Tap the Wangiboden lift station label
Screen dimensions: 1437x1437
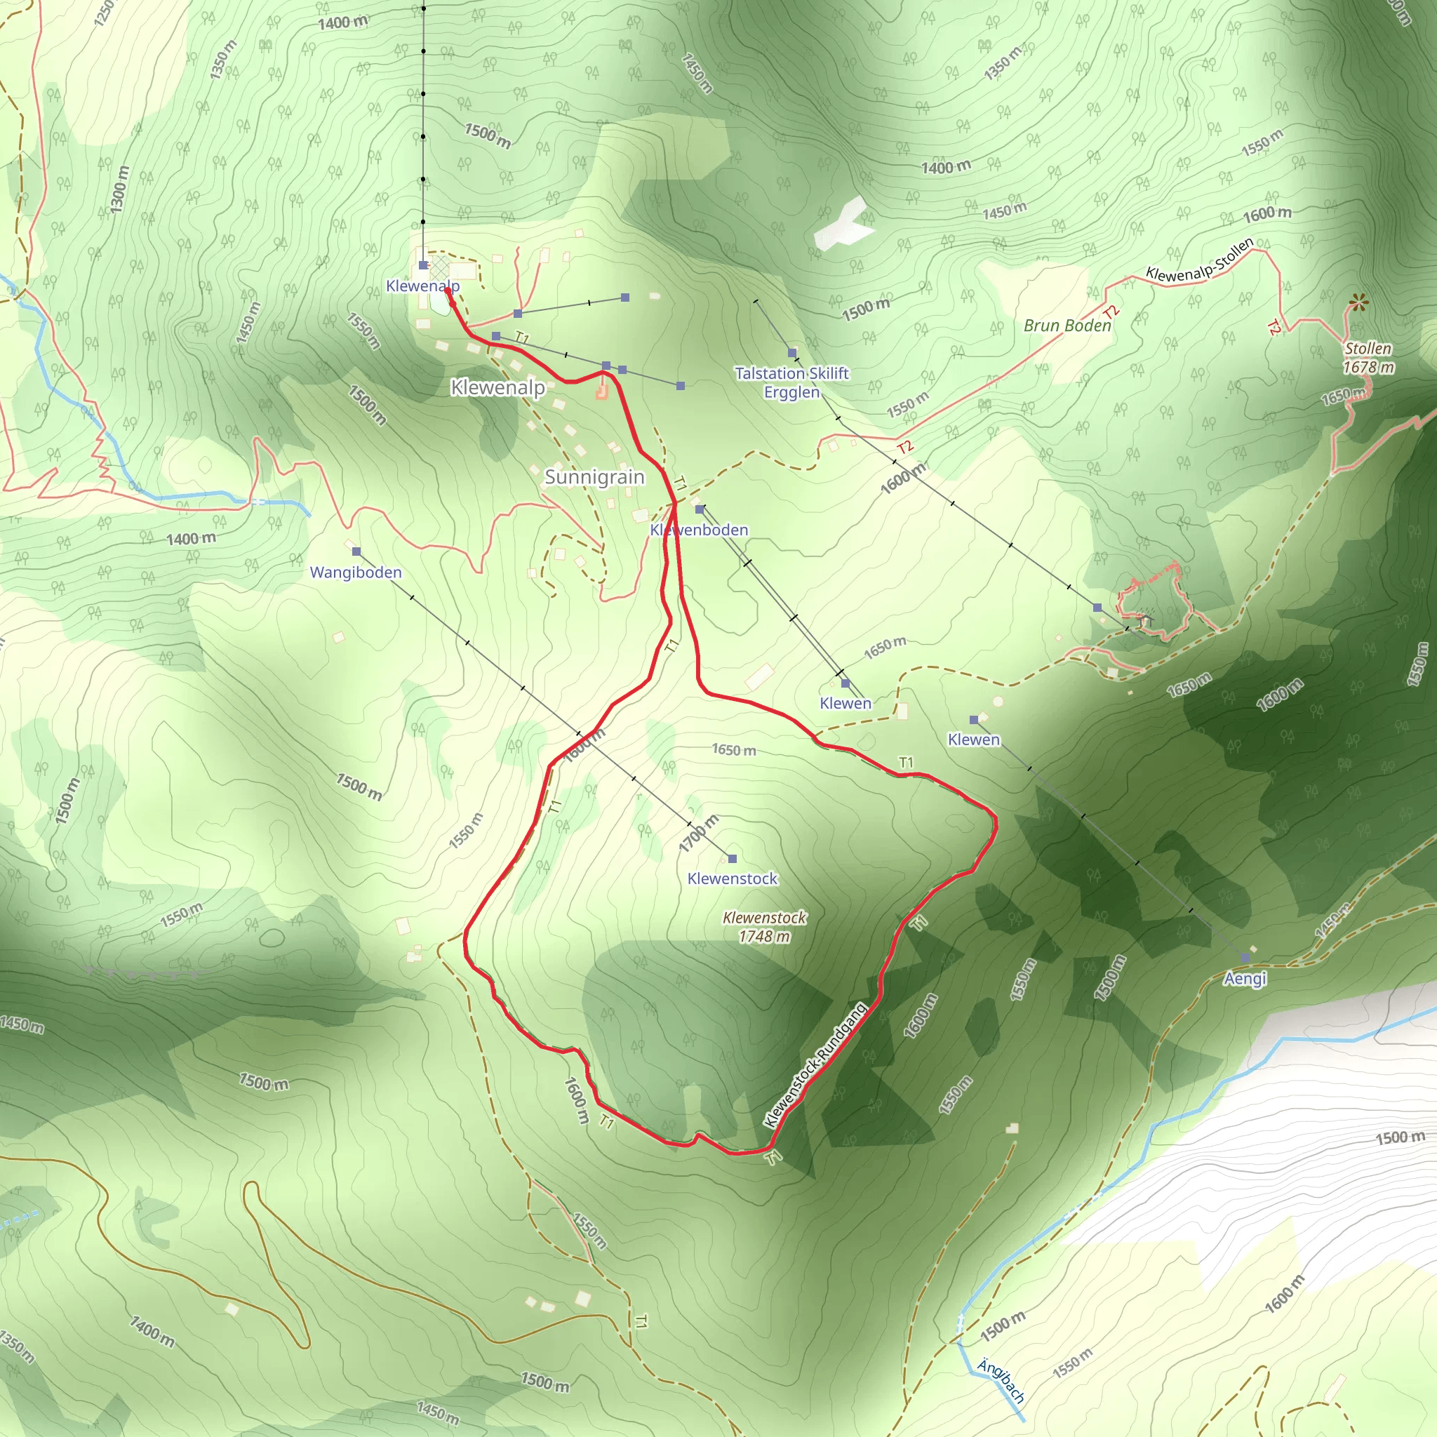(x=356, y=572)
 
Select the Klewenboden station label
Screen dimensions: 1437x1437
(x=698, y=530)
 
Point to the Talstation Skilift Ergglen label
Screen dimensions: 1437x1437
(x=791, y=382)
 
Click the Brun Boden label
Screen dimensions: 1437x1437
(x=1067, y=325)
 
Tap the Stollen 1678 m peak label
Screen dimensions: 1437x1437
(x=1368, y=358)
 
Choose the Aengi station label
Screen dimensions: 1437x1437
(x=1244, y=979)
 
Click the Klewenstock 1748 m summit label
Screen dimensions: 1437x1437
(x=764, y=927)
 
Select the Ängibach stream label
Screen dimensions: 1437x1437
(x=1001, y=1380)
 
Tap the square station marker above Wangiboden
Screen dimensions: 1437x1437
(x=356, y=551)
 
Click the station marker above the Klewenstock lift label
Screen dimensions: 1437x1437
(x=732, y=858)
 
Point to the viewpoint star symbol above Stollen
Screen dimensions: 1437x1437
(x=1359, y=302)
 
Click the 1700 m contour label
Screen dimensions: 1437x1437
(x=698, y=834)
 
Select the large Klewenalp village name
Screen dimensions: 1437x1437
(x=497, y=387)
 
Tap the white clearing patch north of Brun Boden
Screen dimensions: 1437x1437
(x=842, y=225)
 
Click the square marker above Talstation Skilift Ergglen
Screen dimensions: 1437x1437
(x=792, y=352)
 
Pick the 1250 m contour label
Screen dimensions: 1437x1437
(x=105, y=13)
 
